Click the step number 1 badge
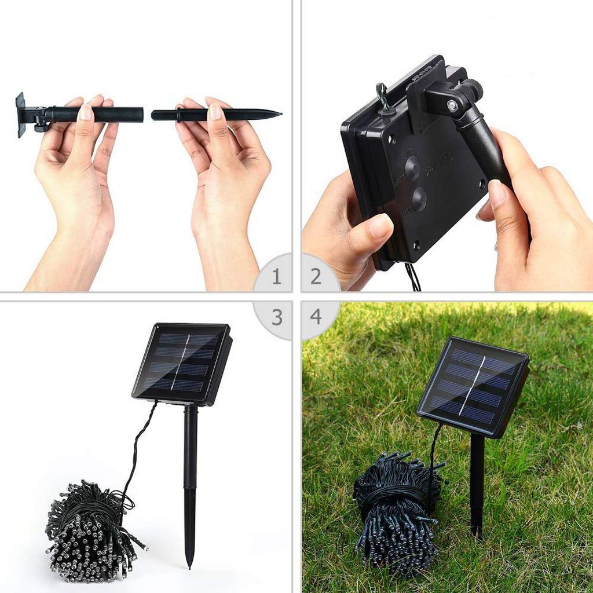[x=276, y=276]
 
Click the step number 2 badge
[x=316, y=276]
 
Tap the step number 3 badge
[x=276, y=317]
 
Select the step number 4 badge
[x=316, y=317]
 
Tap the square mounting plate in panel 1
[x=21, y=114]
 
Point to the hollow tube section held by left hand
[x=116, y=114]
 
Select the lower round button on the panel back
[x=419, y=200]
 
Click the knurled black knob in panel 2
[x=474, y=90]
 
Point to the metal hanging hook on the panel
[x=383, y=95]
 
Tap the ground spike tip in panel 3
[x=189, y=562]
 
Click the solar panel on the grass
[x=473, y=385]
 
